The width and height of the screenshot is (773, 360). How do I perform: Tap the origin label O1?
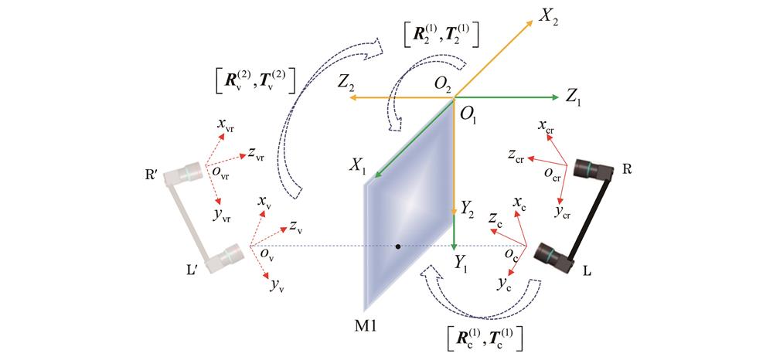[x=468, y=115]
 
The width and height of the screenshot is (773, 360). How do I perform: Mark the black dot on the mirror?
[x=398, y=246]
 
